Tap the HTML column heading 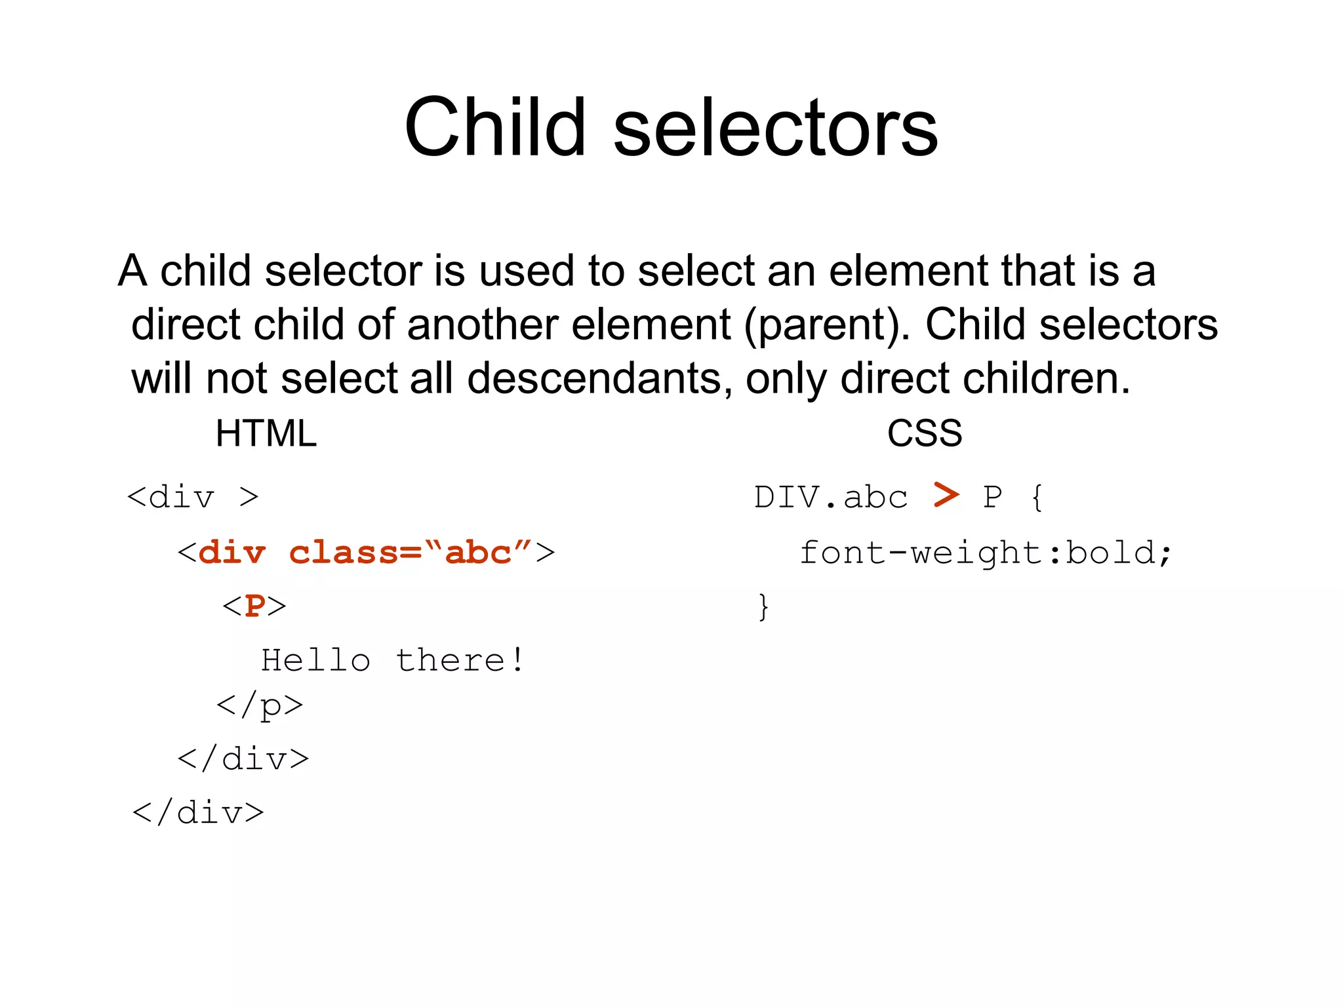tap(266, 433)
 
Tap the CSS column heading tap(924, 433)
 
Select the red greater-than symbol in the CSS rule tap(946, 495)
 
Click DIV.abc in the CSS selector tap(830, 498)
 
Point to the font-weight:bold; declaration tap(984, 553)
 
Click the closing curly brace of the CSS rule tap(763, 606)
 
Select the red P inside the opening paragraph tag tap(254, 606)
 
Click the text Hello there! tap(392, 660)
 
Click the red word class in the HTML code tap(343, 553)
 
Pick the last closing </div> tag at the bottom tap(198, 813)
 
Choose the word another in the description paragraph tap(482, 325)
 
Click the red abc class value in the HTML tap(477, 553)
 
